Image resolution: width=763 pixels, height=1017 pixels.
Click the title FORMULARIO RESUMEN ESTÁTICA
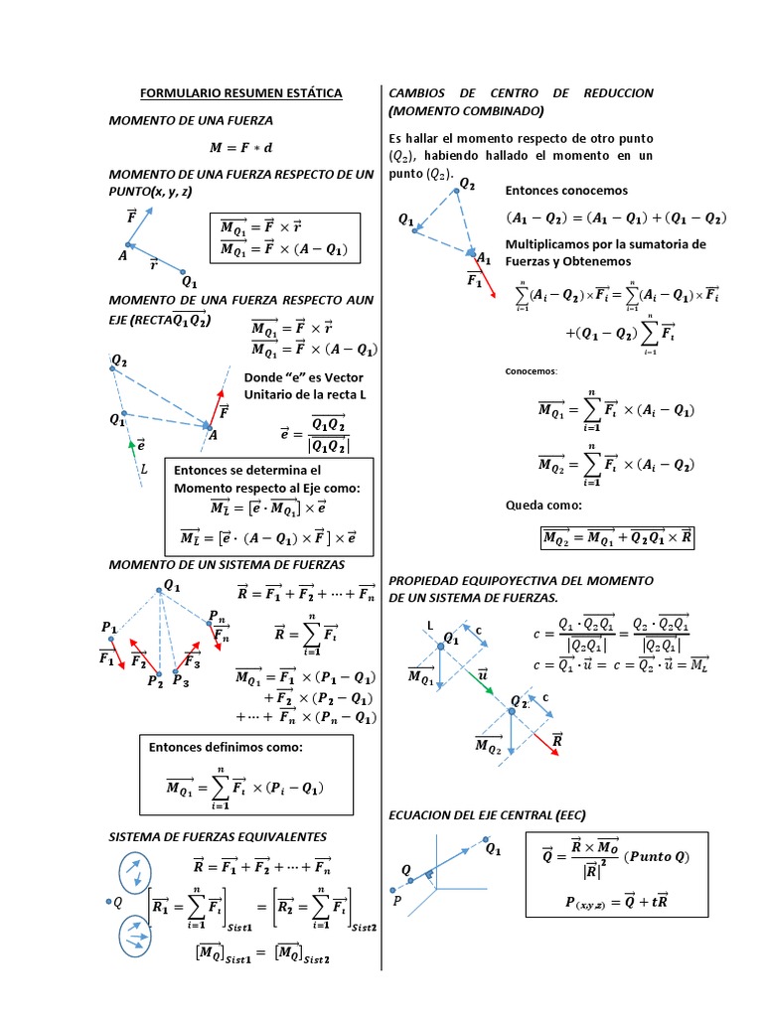click(x=240, y=93)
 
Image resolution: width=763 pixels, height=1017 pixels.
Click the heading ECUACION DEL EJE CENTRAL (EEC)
click(x=487, y=814)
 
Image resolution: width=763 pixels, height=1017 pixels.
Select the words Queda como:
click(x=543, y=505)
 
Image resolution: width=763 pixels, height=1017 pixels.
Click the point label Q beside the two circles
click(x=115, y=902)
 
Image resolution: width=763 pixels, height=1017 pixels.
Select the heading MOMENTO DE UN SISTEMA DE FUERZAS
click(x=227, y=564)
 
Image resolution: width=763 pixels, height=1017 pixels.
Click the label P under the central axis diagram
click(x=397, y=901)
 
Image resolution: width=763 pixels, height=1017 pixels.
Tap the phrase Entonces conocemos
click(x=566, y=190)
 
